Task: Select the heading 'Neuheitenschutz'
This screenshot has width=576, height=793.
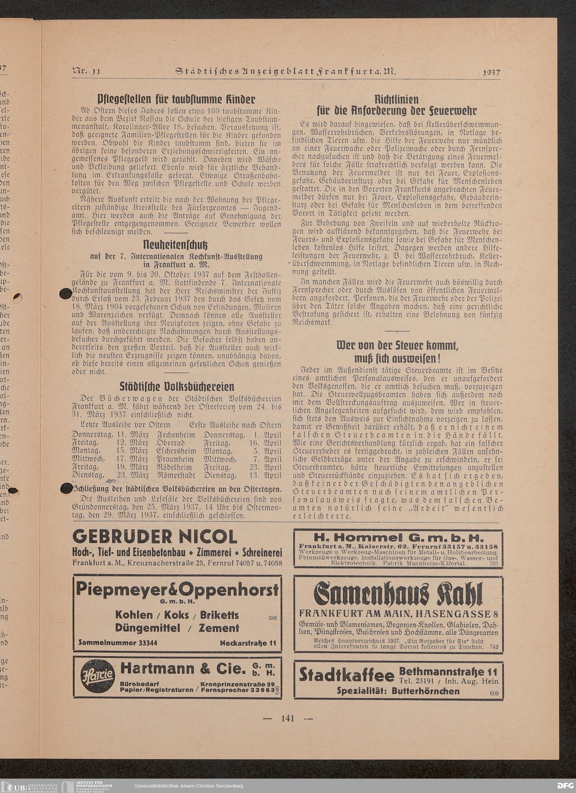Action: [x=176, y=244]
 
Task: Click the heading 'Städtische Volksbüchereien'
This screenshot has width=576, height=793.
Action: [x=177, y=386]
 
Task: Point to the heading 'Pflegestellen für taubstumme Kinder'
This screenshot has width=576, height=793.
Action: [x=176, y=99]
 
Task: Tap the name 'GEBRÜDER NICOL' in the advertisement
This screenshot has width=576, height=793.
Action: [x=155, y=536]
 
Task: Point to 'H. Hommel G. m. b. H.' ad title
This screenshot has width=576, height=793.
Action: [x=398, y=537]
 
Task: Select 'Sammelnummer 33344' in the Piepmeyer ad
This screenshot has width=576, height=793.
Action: [x=118, y=642]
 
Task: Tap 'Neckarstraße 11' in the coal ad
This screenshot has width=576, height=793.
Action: [x=248, y=643]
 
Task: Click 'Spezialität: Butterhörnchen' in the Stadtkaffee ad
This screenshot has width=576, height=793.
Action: [x=398, y=690]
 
